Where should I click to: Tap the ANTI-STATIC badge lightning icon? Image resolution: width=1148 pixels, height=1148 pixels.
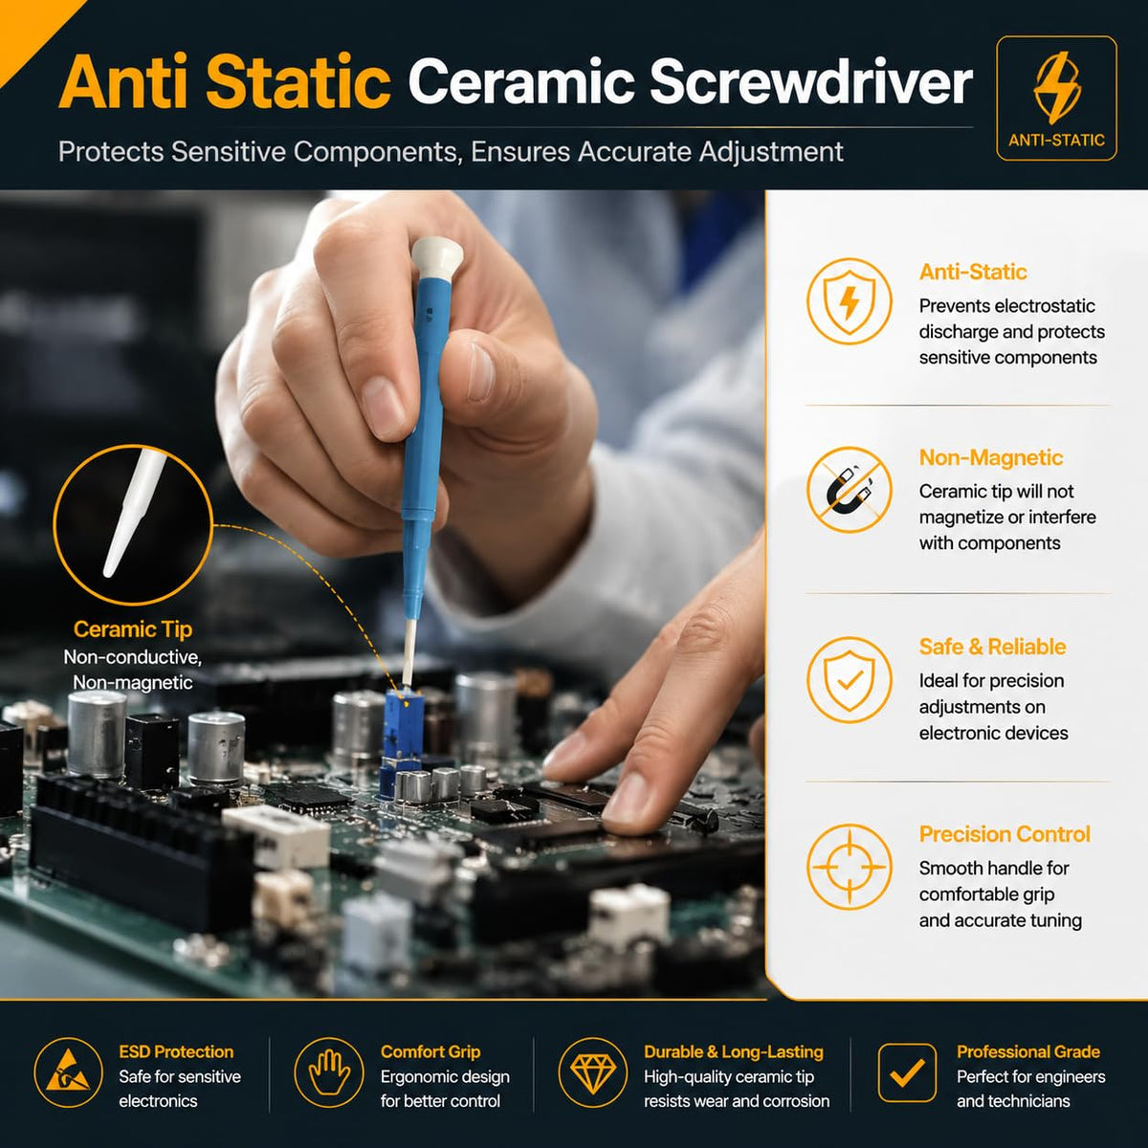point(1057,88)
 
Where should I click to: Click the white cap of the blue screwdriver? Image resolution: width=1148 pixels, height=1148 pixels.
point(436,256)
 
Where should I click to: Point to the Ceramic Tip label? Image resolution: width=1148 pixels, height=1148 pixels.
point(132,629)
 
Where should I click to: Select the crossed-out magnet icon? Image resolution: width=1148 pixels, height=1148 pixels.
point(849,490)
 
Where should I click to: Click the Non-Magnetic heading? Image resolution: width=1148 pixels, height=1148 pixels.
point(991,457)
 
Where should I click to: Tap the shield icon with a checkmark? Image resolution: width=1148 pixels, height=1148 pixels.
point(849,679)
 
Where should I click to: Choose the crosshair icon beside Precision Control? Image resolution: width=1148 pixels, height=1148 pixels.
point(849,866)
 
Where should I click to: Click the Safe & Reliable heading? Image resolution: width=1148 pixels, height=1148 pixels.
point(992,647)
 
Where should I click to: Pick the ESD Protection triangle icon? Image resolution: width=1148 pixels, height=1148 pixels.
point(69,1072)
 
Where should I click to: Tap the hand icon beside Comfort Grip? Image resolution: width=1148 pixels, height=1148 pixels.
point(329,1072)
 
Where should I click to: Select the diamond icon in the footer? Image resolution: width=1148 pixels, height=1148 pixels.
point(593,1072)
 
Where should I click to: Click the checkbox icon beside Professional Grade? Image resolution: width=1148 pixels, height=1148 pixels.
point(907,1072)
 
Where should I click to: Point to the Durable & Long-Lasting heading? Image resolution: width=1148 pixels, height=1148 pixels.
point(734,1052)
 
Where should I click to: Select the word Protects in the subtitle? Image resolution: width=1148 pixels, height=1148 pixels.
point(111,151)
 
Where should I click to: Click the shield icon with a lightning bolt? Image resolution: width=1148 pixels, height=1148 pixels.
point(849,300)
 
